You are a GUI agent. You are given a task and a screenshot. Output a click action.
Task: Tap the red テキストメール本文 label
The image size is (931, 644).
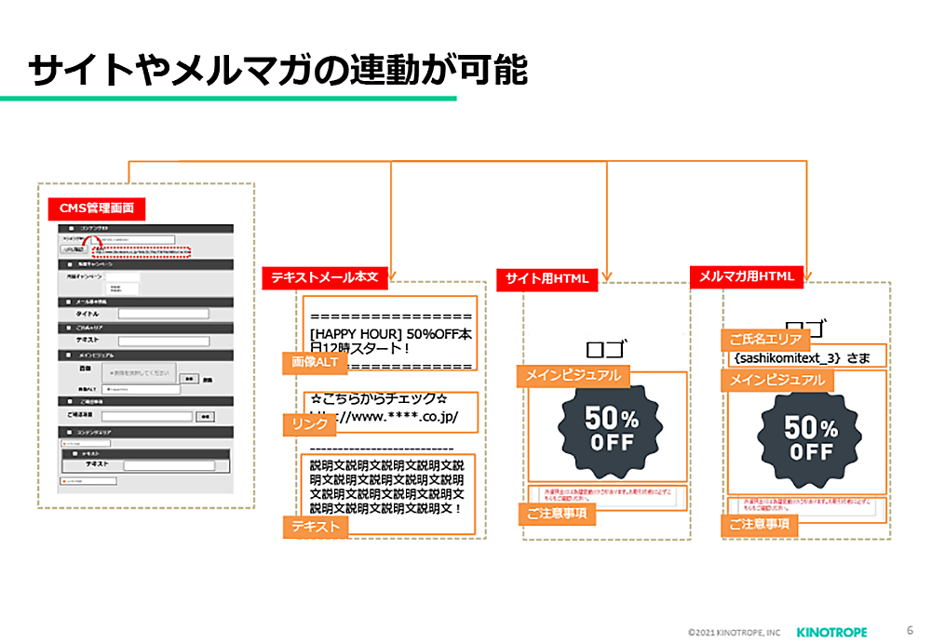click(x=325, y=276)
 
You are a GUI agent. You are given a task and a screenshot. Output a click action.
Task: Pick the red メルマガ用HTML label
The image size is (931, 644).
click(x=746, y=275)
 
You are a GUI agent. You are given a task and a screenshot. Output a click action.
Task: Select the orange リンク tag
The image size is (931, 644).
click(x=310, y=424)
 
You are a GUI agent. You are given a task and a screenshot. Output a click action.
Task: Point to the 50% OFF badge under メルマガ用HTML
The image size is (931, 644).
click(x=810, y=438)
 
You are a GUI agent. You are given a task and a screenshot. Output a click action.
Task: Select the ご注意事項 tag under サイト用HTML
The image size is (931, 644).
click(x=555, y=513)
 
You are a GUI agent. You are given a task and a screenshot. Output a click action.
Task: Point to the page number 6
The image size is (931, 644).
click(x=909, y=630)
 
